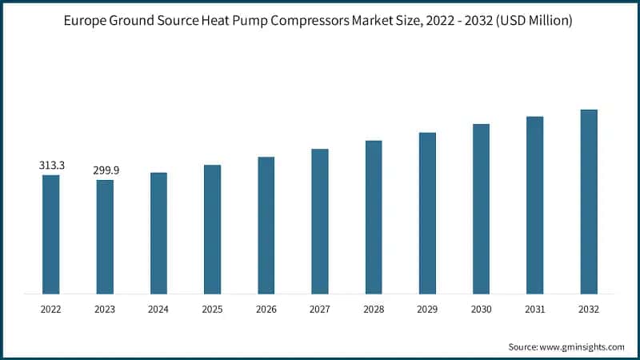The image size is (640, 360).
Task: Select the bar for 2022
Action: pyautogui.click(x=51, y=234)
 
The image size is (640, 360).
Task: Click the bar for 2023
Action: pyautogui.click(x=105, y=236)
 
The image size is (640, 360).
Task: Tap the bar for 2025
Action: pyautogui.click(x=212, y=229)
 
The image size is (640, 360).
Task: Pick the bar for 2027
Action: pyautogui.click(x=320, y=221)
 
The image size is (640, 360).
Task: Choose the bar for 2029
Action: pyautogui.click(x=427, y=213)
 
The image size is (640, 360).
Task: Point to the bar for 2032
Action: pyautogui.click(x=589, y=202)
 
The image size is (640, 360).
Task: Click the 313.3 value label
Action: pyautogui.click(x=51, y=166)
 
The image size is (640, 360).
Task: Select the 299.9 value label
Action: pyautogui.click(x=105, y=170)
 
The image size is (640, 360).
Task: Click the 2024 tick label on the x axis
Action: pyautogui.click(x=158, y=307)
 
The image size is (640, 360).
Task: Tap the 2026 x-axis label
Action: pyautogui.click(x=266, y=307)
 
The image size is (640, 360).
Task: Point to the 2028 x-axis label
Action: pyautogui.click(x=374, y=307)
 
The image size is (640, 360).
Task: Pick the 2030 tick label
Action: pyautogui.click(x=481, y=307)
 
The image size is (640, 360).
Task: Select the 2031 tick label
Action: pyautogui.click(x=534, y=307)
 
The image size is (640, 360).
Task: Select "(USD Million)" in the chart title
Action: pyautogui.click(x=534, y=22)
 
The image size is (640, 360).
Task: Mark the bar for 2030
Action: pyautogui.click(x=481, y=209)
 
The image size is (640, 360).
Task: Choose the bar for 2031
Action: pyautogui.click(x=534, y=205)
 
